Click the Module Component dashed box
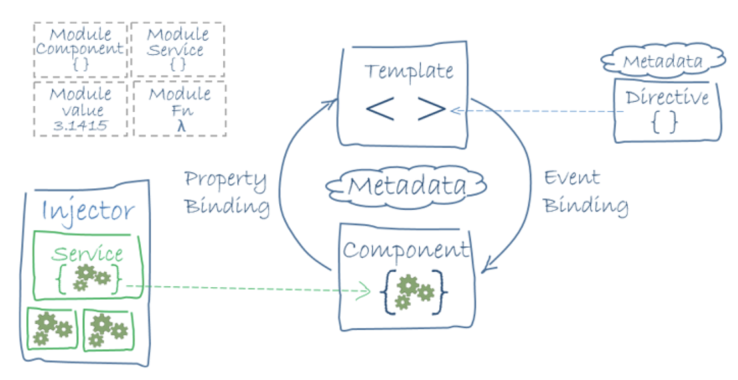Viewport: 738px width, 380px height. point(80,49)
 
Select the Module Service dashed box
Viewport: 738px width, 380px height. point(178,49)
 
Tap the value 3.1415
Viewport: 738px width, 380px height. point(80,126)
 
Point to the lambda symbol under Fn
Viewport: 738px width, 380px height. point(179,126)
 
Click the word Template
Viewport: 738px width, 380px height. point(409,71)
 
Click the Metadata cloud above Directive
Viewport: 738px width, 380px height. point(662,62)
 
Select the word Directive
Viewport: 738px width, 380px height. point(667,98)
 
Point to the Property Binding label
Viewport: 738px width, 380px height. point(226,193)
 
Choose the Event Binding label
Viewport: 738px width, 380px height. point(585,191)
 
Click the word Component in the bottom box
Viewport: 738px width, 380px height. point(406,250)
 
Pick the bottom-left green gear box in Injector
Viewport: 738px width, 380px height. point(52,329)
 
